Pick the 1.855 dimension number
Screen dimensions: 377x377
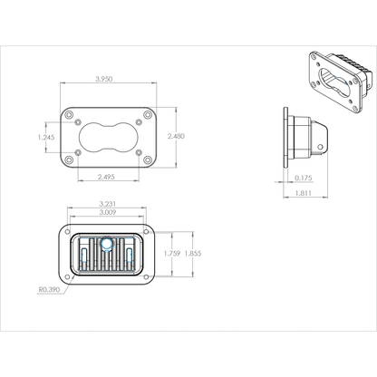(x=191, y=254)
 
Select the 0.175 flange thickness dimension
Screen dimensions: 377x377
(x=304, y=179)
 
